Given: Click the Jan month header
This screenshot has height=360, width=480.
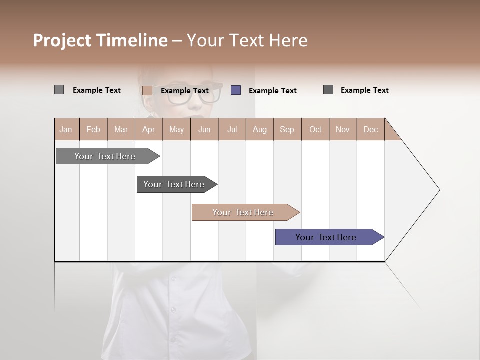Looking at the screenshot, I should pos(66,129).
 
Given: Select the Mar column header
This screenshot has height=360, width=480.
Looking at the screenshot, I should pos(121,129).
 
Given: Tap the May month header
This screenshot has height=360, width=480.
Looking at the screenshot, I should pos(176,129).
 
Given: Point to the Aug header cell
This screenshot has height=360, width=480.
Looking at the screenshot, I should pos(259,129).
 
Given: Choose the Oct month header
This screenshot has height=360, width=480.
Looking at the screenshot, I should pos(315,129).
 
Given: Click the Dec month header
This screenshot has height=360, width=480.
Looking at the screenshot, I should pos(370,129).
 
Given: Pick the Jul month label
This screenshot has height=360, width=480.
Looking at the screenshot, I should pos(232,129).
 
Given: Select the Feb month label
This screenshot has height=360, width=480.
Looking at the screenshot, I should pos(93,129).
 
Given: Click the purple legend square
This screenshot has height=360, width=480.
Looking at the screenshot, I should pos(236,90).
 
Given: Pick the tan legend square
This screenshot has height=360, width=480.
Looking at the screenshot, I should pos(147,90).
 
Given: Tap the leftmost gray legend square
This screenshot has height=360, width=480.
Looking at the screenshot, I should pos(59,90).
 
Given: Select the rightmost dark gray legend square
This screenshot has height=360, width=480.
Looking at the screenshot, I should pos(328,90).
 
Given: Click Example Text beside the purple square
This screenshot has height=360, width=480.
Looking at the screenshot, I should pos(272,91).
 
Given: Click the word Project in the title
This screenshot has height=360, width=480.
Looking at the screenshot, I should pos(61,40).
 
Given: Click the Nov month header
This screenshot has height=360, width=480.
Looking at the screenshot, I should pos(343,129).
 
